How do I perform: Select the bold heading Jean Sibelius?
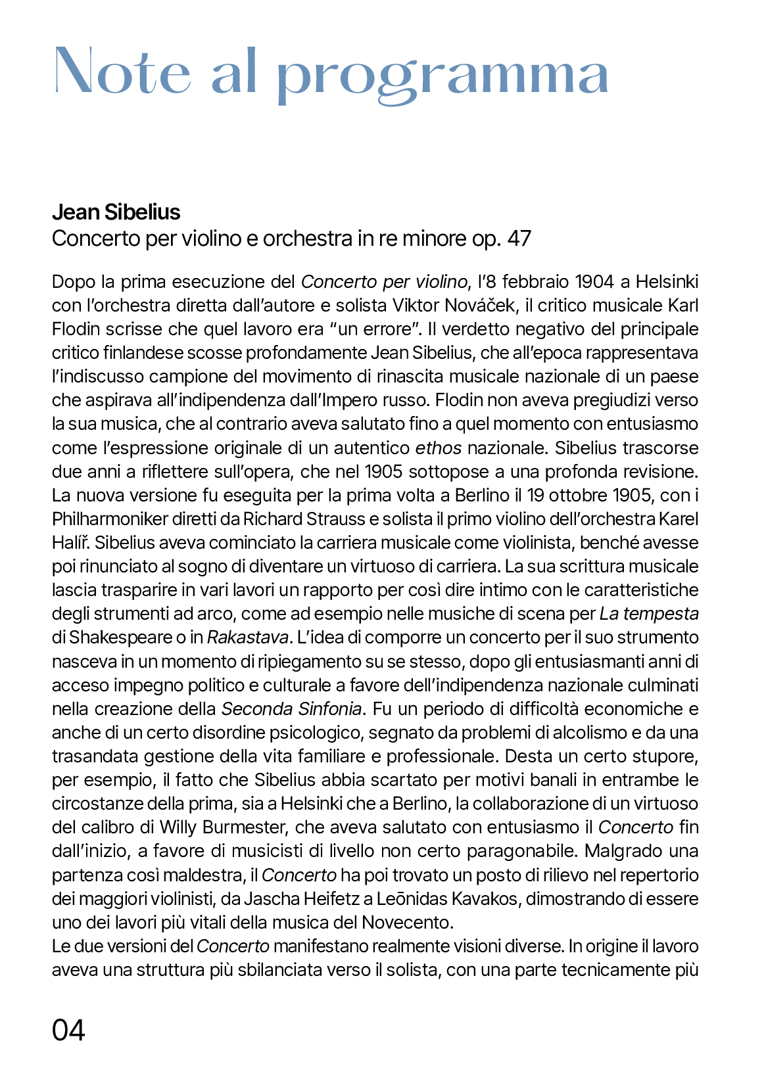tap(116, 212)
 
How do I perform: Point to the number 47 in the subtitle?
tap(519, 239)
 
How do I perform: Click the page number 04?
tap(68, 1030)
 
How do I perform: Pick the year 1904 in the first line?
tap(594, 282)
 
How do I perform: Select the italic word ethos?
tap(438, 448)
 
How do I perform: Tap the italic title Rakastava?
tap(248, 637)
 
